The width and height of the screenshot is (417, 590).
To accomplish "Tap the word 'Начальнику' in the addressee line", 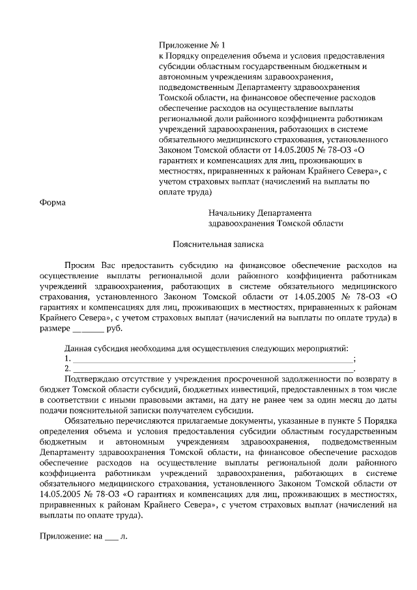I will (233, 213).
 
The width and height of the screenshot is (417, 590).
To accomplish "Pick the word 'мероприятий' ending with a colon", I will (324, 349).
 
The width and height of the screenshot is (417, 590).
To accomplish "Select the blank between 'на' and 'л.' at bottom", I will (112, 538).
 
